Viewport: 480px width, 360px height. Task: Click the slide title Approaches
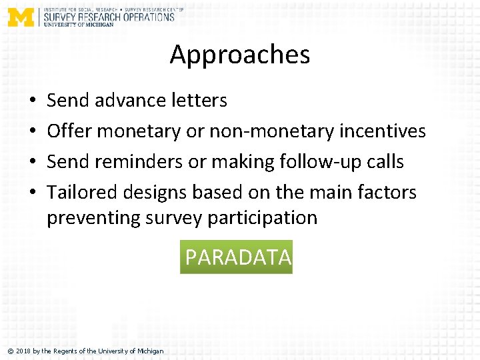pyautogui.click(x=240, y=55)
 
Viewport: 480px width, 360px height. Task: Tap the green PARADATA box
pyautogui.click(x=237, y=257)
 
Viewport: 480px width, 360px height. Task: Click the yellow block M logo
pyautogui.click(x=21, y=17)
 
